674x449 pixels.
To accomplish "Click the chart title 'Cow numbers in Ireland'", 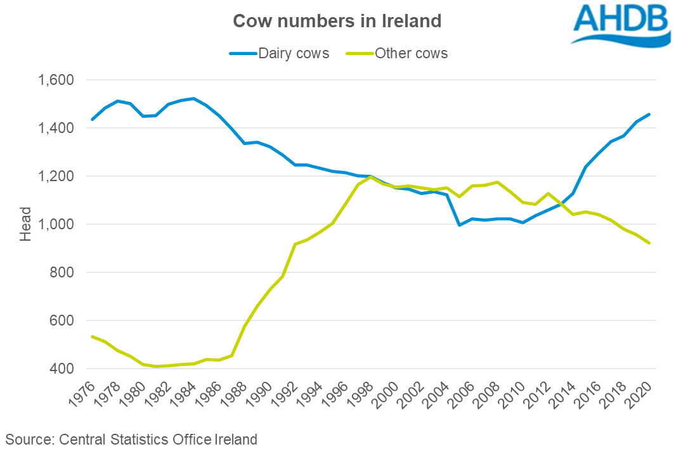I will (x=337, y=21).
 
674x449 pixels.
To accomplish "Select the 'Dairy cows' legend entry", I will (x=294, y=53).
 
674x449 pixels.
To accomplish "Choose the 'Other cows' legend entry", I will (x=411, y=53).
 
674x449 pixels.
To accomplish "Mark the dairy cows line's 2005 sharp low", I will (x=458, y=225).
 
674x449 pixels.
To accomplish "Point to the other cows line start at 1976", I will (x=93, y=336).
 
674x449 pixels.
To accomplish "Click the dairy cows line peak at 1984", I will (x=193, y=98).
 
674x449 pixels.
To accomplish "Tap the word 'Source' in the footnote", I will (x=27, y=438).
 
